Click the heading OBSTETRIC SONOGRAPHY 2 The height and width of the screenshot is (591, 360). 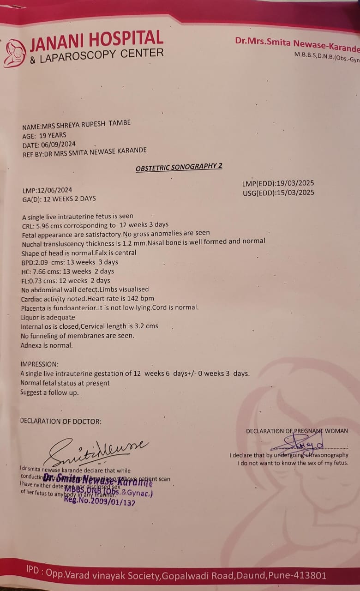point(179,167)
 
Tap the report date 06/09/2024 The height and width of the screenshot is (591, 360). point(59,144)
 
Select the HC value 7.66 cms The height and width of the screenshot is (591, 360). point(48,271)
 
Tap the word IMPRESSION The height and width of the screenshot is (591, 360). point(40,364)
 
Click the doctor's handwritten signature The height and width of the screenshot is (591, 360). point(97,451)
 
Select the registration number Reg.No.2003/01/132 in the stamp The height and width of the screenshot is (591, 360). point(99,501)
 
